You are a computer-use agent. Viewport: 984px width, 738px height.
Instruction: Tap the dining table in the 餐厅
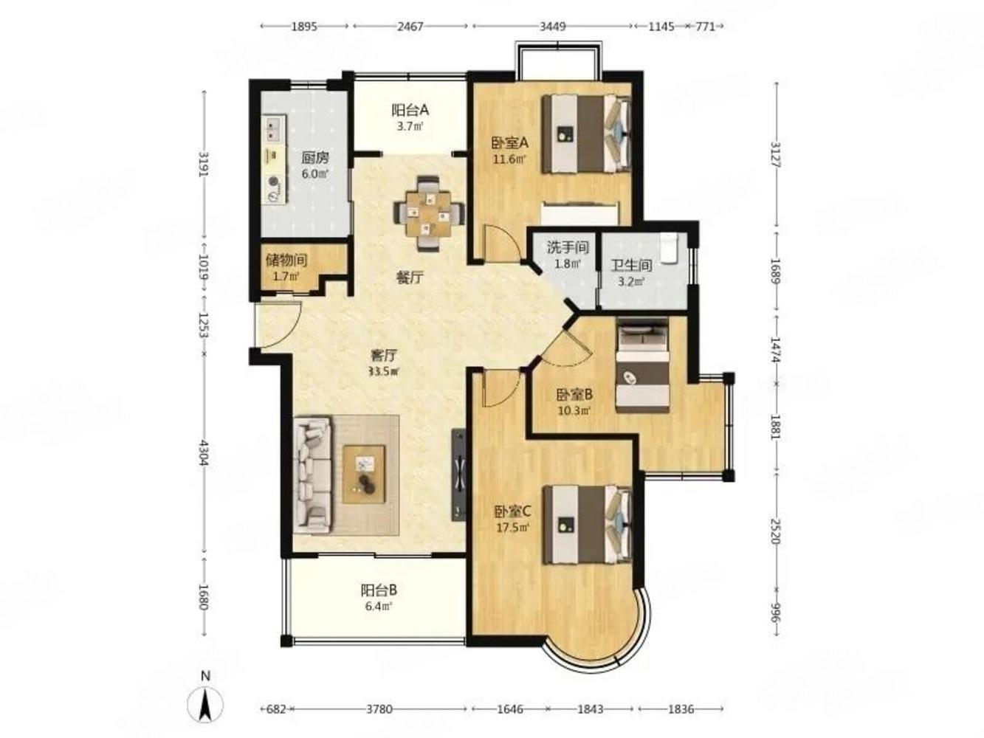[429, 213]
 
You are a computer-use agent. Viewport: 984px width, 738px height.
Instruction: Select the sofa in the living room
[313, 475]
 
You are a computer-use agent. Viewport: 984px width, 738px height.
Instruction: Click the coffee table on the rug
[364, 474]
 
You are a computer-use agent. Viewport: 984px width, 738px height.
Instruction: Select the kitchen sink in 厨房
[274, 127]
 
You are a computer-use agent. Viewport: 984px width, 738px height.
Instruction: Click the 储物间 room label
[286, 260]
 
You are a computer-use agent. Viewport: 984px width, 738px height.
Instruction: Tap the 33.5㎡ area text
[383, 371]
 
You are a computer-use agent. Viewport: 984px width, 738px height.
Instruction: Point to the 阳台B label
[379, 590]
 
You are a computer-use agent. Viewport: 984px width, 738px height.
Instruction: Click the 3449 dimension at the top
[552, 27]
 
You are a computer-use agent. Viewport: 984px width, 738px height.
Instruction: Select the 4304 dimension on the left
[204, 453]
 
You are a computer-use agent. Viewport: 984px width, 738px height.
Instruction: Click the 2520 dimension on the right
[776, 531]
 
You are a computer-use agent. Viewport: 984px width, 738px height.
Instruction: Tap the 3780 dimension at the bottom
[379, 709]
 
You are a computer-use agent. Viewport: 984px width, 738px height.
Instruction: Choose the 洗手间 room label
[568, 247]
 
